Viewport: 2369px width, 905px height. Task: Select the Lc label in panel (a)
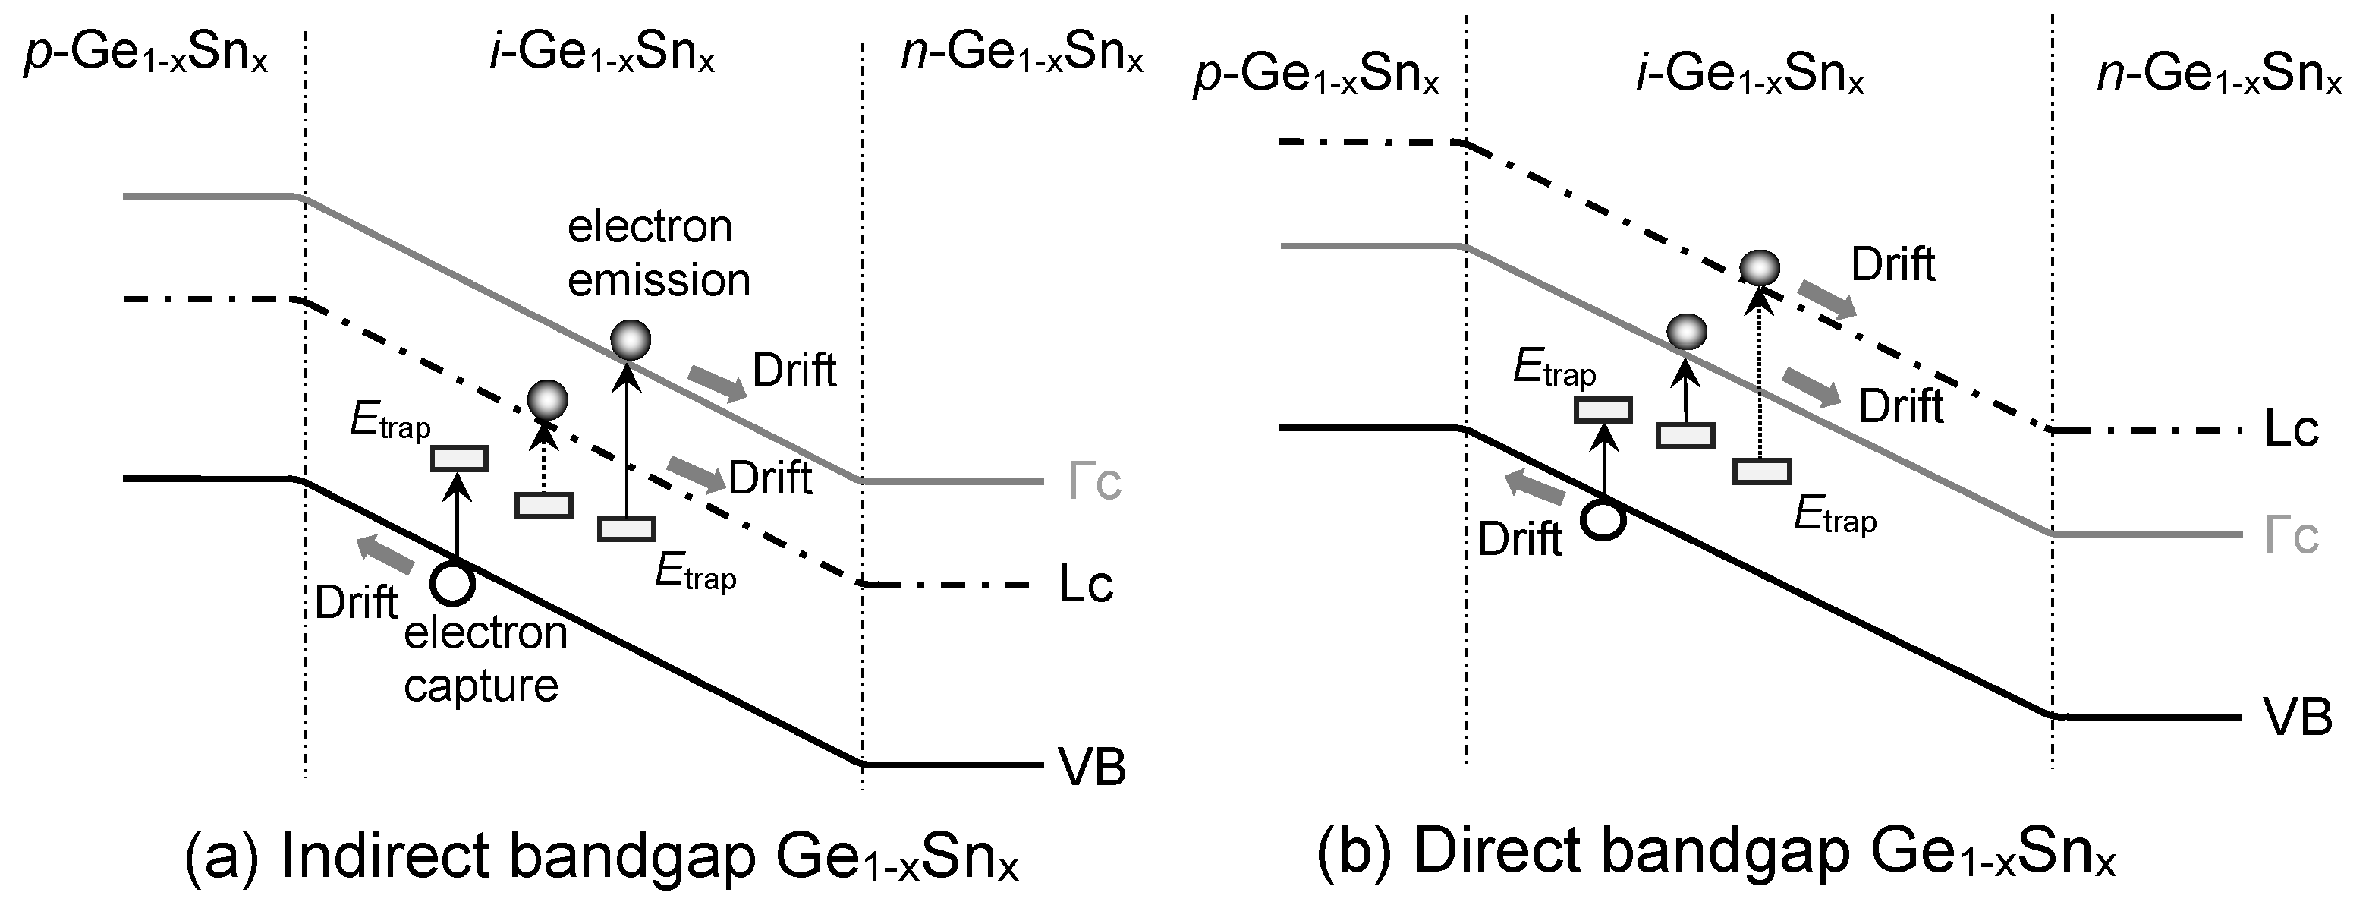[1085, 585]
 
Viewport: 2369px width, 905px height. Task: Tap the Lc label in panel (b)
[2291, 430]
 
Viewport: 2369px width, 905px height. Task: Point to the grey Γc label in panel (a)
[1094, 482]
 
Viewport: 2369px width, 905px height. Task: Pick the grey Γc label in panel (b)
[2291, 535]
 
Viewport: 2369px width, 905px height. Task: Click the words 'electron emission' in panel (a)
[658, 253]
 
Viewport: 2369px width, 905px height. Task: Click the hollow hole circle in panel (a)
[452, 582]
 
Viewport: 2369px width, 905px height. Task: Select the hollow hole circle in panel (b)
[1603, 519]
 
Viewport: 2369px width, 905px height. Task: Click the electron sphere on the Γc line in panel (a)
[630, 341]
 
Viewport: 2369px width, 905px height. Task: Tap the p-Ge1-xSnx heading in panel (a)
[145, 55]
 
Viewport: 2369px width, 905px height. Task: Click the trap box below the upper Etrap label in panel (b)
[1603, 409]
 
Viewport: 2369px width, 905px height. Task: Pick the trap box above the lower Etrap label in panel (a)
[626, 528]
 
